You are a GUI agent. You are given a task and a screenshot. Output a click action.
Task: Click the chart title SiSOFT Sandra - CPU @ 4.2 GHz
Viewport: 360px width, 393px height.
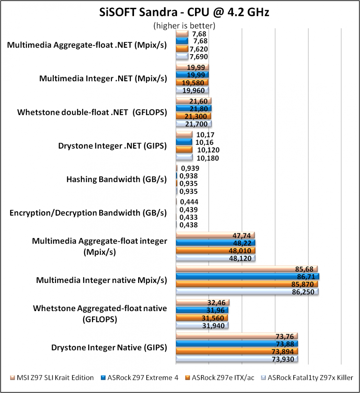click(184, 12)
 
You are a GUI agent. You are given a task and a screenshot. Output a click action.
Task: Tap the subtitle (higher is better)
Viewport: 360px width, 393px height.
click(184, 26)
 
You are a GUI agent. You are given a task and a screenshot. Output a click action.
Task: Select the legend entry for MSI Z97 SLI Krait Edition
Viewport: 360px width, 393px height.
click(52, 377)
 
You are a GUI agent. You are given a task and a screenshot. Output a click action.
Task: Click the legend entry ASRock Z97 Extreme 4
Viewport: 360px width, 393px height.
click(140, 377)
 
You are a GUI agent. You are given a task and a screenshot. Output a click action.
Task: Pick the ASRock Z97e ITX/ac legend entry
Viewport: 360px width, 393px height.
click(220, 377)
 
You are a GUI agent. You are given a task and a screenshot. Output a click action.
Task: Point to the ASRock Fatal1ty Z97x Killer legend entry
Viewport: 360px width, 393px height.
click(307, 377)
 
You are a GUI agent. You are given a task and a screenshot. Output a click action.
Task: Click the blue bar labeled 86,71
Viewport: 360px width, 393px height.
click(247, 276)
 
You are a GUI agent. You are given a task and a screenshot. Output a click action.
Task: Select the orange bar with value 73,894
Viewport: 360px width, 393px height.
click(237, 351)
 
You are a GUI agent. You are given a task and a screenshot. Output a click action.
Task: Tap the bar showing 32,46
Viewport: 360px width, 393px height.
click(203, 302)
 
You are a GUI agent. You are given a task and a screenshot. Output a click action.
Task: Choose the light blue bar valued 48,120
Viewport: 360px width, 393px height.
click(216, 258)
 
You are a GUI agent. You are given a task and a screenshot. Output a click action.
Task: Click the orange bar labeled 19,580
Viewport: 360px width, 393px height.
click(192, 83)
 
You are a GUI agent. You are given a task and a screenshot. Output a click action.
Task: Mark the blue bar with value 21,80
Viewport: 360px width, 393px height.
click(194, 108)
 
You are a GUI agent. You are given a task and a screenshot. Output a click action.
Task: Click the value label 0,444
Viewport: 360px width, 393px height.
click(189, 202)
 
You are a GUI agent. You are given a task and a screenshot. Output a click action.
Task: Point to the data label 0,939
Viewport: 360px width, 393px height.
click(190, 168)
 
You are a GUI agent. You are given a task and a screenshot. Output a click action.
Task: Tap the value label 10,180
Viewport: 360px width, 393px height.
click(207, 158)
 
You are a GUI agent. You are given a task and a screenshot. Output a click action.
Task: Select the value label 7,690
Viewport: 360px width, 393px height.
click(199, 57)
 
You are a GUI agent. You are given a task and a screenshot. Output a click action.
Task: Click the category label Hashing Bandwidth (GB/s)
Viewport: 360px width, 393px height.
click(117, 179)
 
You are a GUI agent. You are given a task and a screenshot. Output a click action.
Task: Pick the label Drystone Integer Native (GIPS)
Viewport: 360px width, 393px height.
click(109, 347)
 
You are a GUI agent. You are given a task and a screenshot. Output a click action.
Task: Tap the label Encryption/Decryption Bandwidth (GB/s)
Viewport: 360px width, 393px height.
click(88, 213)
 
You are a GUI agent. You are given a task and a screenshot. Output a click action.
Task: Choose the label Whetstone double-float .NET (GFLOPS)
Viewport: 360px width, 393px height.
click(92, 112)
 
